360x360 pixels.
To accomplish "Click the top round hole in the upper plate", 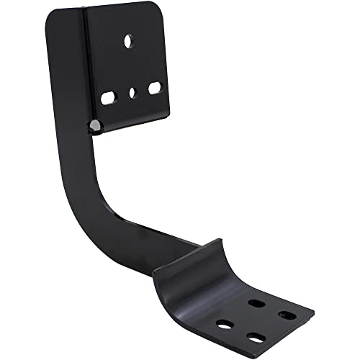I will tap(129, 42).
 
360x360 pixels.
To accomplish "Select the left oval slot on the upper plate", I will tap(109, 97).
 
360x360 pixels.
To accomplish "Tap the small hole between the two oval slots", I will tap(133, 92).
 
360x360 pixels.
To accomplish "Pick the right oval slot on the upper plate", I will tap(156, 87).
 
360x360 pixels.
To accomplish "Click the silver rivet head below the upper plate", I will tap(93, 127).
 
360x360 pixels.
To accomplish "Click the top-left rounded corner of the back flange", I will tap(52, 16).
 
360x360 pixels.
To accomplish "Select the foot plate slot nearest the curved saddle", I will tap(255, 283).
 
